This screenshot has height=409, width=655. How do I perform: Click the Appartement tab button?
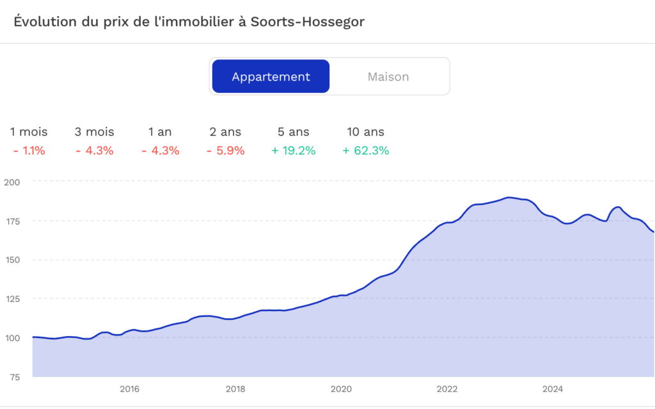(271, 77)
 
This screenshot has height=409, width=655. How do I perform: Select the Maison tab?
(388, 77)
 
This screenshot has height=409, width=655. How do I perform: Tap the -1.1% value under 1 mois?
(29, 151)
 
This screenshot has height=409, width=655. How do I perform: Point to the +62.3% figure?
(366, 151)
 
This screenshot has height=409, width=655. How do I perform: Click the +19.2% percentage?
(293, 151)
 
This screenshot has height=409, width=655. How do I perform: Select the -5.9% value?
(225, 151)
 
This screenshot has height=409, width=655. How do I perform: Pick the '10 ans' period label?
(366, 132)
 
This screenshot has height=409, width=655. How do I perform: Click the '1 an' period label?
(160, 132)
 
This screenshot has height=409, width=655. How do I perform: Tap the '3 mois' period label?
(94, 132)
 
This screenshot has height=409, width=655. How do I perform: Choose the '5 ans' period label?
(294, 132)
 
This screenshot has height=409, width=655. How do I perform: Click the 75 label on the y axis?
(14, 377)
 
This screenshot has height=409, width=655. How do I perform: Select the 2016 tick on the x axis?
(129, 389)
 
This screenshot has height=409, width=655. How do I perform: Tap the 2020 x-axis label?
(341, 389)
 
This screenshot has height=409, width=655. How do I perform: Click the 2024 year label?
(553, 389)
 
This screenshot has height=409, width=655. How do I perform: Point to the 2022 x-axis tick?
(447, 389)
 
